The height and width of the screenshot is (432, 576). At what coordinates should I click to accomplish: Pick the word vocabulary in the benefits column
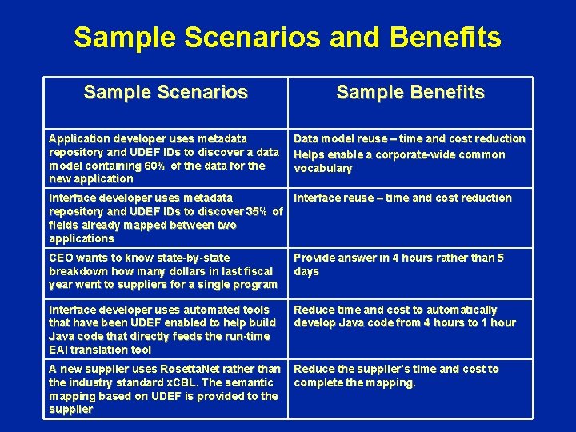[x=323, y=168]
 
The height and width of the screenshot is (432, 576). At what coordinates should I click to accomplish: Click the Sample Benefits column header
[x=410, y=93]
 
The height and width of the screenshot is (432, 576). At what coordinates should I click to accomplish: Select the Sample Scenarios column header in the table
[x=166, y=93]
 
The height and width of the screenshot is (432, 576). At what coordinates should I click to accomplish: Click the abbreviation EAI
[x=60, y=350]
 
